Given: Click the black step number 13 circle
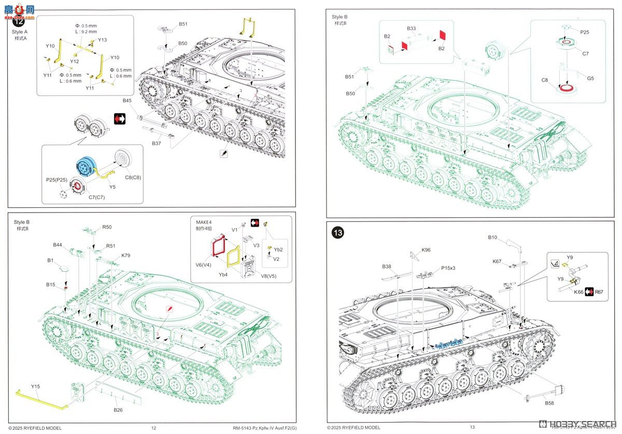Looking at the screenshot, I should (337, 233).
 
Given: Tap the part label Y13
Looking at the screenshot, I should (102, 40).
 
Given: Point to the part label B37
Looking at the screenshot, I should (157, 143).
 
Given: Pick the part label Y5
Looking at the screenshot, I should (112, 187).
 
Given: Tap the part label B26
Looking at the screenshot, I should (118, 410).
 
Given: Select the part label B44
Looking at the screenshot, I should (58, 245).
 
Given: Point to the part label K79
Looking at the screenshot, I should (126, 255).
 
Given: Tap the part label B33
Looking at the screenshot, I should (412, 29).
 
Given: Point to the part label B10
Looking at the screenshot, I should (492, 237).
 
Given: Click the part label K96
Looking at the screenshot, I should (426, 250).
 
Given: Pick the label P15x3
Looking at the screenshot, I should (448, 268).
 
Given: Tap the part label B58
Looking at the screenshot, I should (549, 402).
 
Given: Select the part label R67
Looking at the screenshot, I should (599, 292).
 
